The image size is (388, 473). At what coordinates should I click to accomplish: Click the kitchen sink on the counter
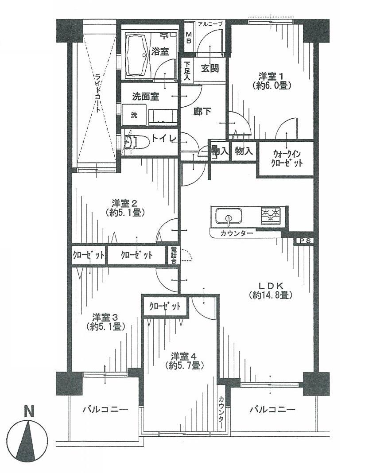click(229, 217)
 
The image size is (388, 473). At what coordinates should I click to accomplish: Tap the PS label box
click(304, 240)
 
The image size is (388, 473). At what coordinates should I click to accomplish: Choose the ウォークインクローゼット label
click(287, 159)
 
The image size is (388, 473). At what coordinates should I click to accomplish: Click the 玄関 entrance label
click(209, 69)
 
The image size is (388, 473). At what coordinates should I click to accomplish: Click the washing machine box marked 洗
click(134, 115)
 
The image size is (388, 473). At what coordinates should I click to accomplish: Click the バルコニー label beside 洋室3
click(105, 409)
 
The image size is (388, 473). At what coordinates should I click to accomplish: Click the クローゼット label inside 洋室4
click(165, 306)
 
